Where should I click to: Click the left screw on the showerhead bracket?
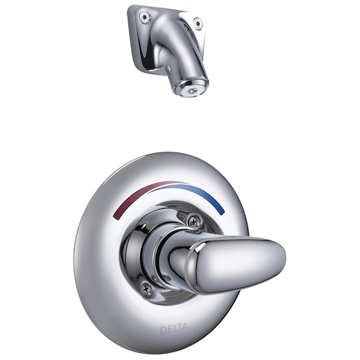point(144,17)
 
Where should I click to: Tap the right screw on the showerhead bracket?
point(197,24)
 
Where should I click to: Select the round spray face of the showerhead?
point(190,89)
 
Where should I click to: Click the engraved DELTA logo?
point(174,328)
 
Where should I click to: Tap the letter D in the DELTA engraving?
point(163,328)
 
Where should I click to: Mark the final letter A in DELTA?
point(185,328)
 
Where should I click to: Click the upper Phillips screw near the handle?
point(193,220)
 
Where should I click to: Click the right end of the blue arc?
point(223,212)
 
